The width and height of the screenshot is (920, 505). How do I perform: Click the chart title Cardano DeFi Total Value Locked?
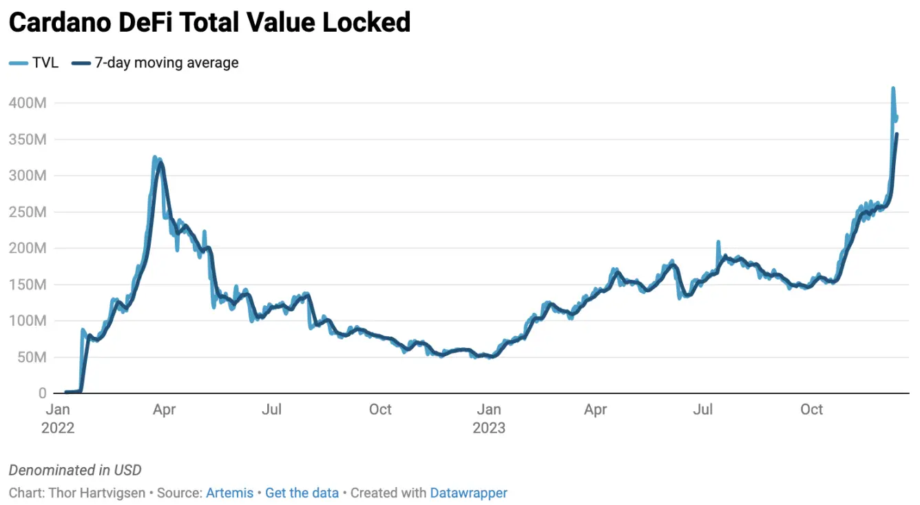click(209, 23)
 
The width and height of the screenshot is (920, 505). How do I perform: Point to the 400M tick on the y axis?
click(27, 103)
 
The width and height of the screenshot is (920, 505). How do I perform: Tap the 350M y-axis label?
click(27, 140)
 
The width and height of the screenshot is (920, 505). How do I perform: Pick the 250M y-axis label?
click(27, 212)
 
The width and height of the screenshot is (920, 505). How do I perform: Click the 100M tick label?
click(27, 321)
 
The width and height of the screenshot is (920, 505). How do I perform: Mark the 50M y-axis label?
click(30, 358)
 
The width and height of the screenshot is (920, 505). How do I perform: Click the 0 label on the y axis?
click(41, 393)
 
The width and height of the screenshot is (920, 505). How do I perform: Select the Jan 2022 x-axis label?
click(58, 418)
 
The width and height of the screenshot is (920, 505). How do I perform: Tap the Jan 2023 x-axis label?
click(489, 418)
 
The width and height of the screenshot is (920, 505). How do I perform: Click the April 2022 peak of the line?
click(155, 158)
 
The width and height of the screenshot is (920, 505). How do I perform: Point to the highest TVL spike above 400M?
click(893, 88)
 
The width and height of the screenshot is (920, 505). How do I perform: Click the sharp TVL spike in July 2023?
click(718, 242)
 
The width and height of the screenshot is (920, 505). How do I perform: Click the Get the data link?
click(302, 493)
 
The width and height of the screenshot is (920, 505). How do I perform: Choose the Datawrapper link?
click(468, 493)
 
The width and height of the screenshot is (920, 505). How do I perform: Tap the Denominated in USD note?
click(75, 471)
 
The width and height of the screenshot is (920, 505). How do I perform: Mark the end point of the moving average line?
click(897, 134)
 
